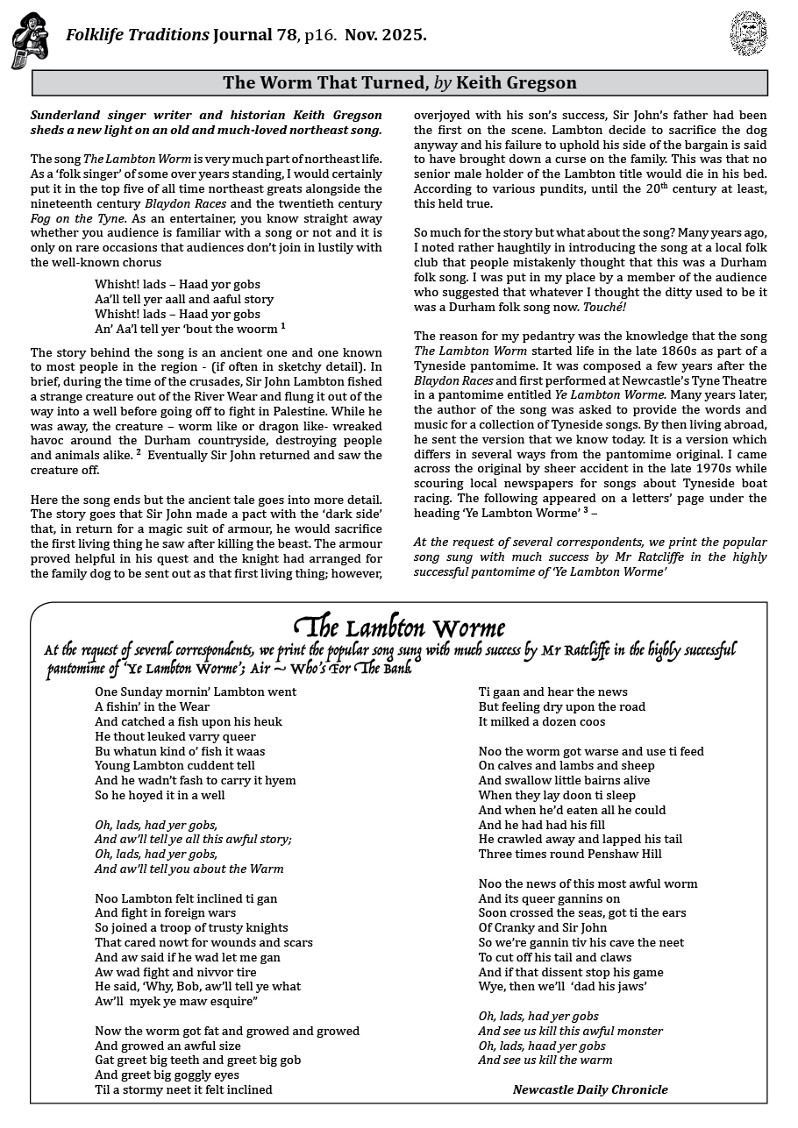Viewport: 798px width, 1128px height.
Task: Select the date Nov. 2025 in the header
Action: pos(386,36)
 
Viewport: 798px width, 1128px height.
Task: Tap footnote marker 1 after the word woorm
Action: pos(283,326)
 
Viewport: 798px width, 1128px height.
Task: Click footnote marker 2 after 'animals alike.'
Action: pos(138,453)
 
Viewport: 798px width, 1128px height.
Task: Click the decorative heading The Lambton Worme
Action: pos(399,628)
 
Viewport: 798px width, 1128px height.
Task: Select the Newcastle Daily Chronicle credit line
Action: pos(589,1090)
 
